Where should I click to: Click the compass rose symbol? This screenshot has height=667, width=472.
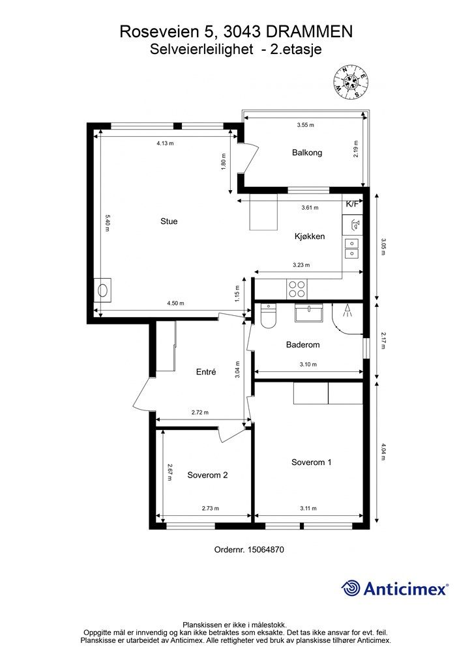[351, 82]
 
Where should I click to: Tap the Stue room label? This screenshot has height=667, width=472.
[169, 221]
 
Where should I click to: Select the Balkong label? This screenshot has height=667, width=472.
[307, 152]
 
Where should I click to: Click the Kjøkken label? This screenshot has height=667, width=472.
[310, 236]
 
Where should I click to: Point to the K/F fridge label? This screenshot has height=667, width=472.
[353, 204]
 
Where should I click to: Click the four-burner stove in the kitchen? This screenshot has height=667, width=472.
[297, 289]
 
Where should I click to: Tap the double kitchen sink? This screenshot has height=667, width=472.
[352, 248]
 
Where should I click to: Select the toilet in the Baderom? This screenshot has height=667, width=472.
[268, 315]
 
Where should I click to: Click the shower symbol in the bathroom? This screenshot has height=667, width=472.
[347, 311]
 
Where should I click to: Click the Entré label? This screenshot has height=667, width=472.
[206, 372]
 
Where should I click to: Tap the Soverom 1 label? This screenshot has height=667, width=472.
[311, 462]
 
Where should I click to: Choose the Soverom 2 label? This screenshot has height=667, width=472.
[207, 475]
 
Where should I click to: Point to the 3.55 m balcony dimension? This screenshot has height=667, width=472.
[305, 125]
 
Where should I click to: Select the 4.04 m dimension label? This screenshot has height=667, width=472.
[383, 453]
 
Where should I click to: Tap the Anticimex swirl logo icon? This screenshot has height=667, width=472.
[351, 588]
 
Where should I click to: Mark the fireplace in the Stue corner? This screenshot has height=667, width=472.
[103, 290]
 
